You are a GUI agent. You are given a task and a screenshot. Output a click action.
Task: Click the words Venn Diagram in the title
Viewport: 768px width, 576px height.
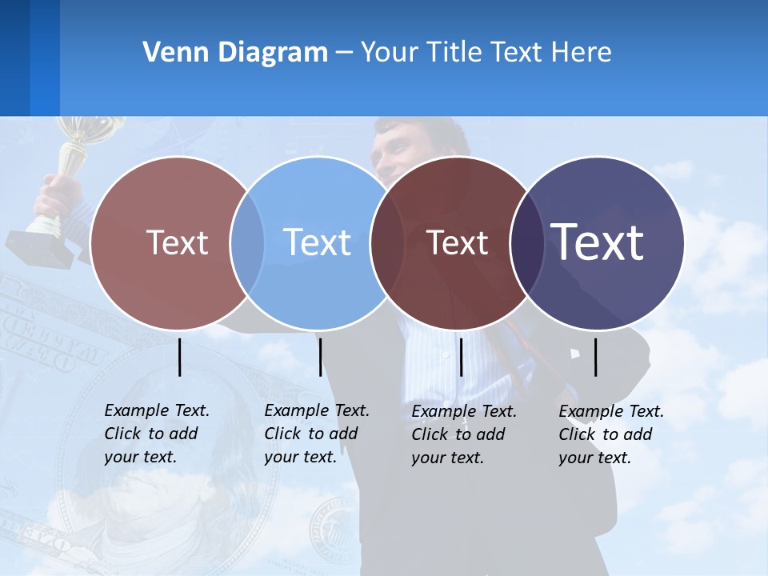tap(235, 53)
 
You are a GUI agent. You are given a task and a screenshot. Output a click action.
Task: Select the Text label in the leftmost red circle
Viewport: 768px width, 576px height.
tap(177, 242)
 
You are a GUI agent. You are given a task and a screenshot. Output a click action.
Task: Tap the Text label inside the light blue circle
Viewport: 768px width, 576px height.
tap(318, 242)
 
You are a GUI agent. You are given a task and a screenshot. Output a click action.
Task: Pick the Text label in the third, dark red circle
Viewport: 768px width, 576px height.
tap(457, 242)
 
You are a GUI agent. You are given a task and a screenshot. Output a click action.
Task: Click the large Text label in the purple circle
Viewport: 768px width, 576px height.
tap(598, 242)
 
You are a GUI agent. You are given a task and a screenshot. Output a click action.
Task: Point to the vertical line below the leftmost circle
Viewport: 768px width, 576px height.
tap(180, 357)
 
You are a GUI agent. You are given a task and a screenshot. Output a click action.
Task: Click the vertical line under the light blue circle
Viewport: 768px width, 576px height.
tap(320, 357)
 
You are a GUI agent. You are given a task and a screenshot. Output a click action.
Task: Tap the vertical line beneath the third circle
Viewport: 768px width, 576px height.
tap(462, 357)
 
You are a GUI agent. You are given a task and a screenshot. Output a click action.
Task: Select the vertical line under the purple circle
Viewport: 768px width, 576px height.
tap(596, 357)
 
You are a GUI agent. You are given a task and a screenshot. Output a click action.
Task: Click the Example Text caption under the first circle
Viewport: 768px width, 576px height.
tap(156, 434)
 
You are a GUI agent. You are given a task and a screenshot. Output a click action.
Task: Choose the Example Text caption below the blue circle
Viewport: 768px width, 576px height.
tap(316, 434)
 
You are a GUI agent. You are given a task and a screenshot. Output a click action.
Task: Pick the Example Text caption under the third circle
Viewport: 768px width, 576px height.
tap(463, 434)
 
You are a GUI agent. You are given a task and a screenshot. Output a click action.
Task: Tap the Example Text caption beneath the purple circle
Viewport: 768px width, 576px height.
tap(610, 434)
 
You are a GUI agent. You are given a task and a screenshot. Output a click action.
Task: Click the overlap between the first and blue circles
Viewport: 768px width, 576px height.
tap(247, 243)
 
